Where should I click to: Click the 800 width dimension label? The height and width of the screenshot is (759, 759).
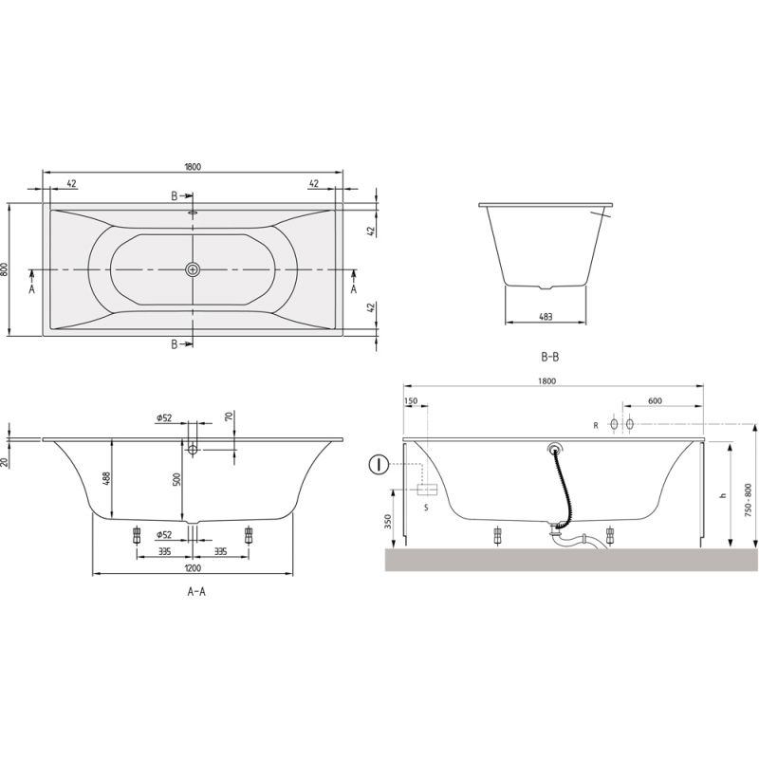coord(4,269)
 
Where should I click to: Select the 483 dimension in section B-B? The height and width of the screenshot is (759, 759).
coord(546,317)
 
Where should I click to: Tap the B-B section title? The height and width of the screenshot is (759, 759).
coord(549,358)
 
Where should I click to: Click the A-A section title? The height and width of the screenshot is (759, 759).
coord(196,591)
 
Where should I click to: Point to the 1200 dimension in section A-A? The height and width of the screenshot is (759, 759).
coord(193,567)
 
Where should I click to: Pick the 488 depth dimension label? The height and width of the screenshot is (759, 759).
coord(107,478)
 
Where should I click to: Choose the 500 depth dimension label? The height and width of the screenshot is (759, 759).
coord(176,479)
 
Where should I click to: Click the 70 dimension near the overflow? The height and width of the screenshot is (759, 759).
coord(230,416)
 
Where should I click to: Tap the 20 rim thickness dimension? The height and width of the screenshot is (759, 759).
coord(5,462)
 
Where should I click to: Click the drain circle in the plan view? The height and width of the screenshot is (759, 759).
coord(193,269)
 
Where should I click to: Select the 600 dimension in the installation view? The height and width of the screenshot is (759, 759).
coord(655,400)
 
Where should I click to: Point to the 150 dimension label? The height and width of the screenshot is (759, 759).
coord(410,400)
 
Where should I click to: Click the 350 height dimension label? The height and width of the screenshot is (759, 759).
coord(388,521)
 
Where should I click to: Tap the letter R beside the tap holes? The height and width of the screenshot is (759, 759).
coord(596,425)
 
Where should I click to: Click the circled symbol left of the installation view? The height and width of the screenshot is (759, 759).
coord(379,465)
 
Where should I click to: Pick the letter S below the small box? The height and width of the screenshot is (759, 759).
coord(426,508)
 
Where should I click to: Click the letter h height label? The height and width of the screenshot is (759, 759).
coord(724,495)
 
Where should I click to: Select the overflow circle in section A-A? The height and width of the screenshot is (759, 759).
coord(193,450)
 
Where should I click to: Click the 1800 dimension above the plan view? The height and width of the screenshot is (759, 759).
coord(193,167)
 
